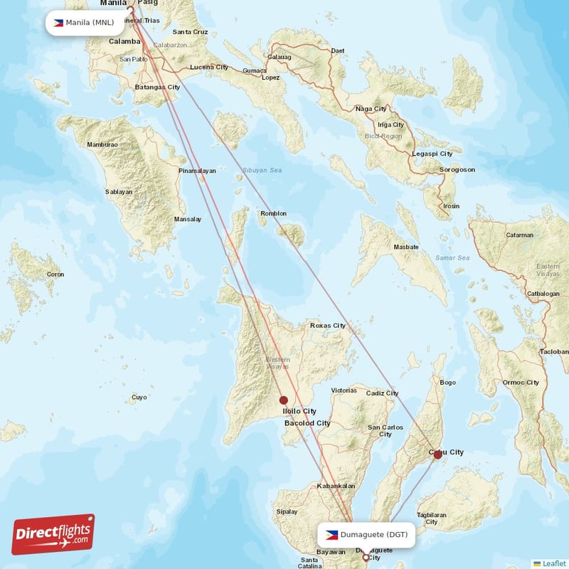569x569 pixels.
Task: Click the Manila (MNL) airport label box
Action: [84, 22]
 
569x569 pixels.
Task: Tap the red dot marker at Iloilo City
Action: [284, 400]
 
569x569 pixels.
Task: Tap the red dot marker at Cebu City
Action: [437, 453]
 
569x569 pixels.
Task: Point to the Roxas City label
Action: [327, 326]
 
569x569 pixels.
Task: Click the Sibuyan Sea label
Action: [262, 171]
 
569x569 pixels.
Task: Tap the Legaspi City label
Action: [432, 154]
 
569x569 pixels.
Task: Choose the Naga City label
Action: [371, 109]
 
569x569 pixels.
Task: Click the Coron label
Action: [55, 275]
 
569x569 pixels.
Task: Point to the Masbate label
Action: [406, 248]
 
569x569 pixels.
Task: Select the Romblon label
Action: [274, 213]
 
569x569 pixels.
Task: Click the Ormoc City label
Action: [522, 383]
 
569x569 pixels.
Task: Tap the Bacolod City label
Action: [307, 423]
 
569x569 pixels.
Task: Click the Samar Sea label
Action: [452, 257]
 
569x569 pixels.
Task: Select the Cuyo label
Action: [139, 398]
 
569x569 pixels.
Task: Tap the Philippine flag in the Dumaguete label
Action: [331, 535]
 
